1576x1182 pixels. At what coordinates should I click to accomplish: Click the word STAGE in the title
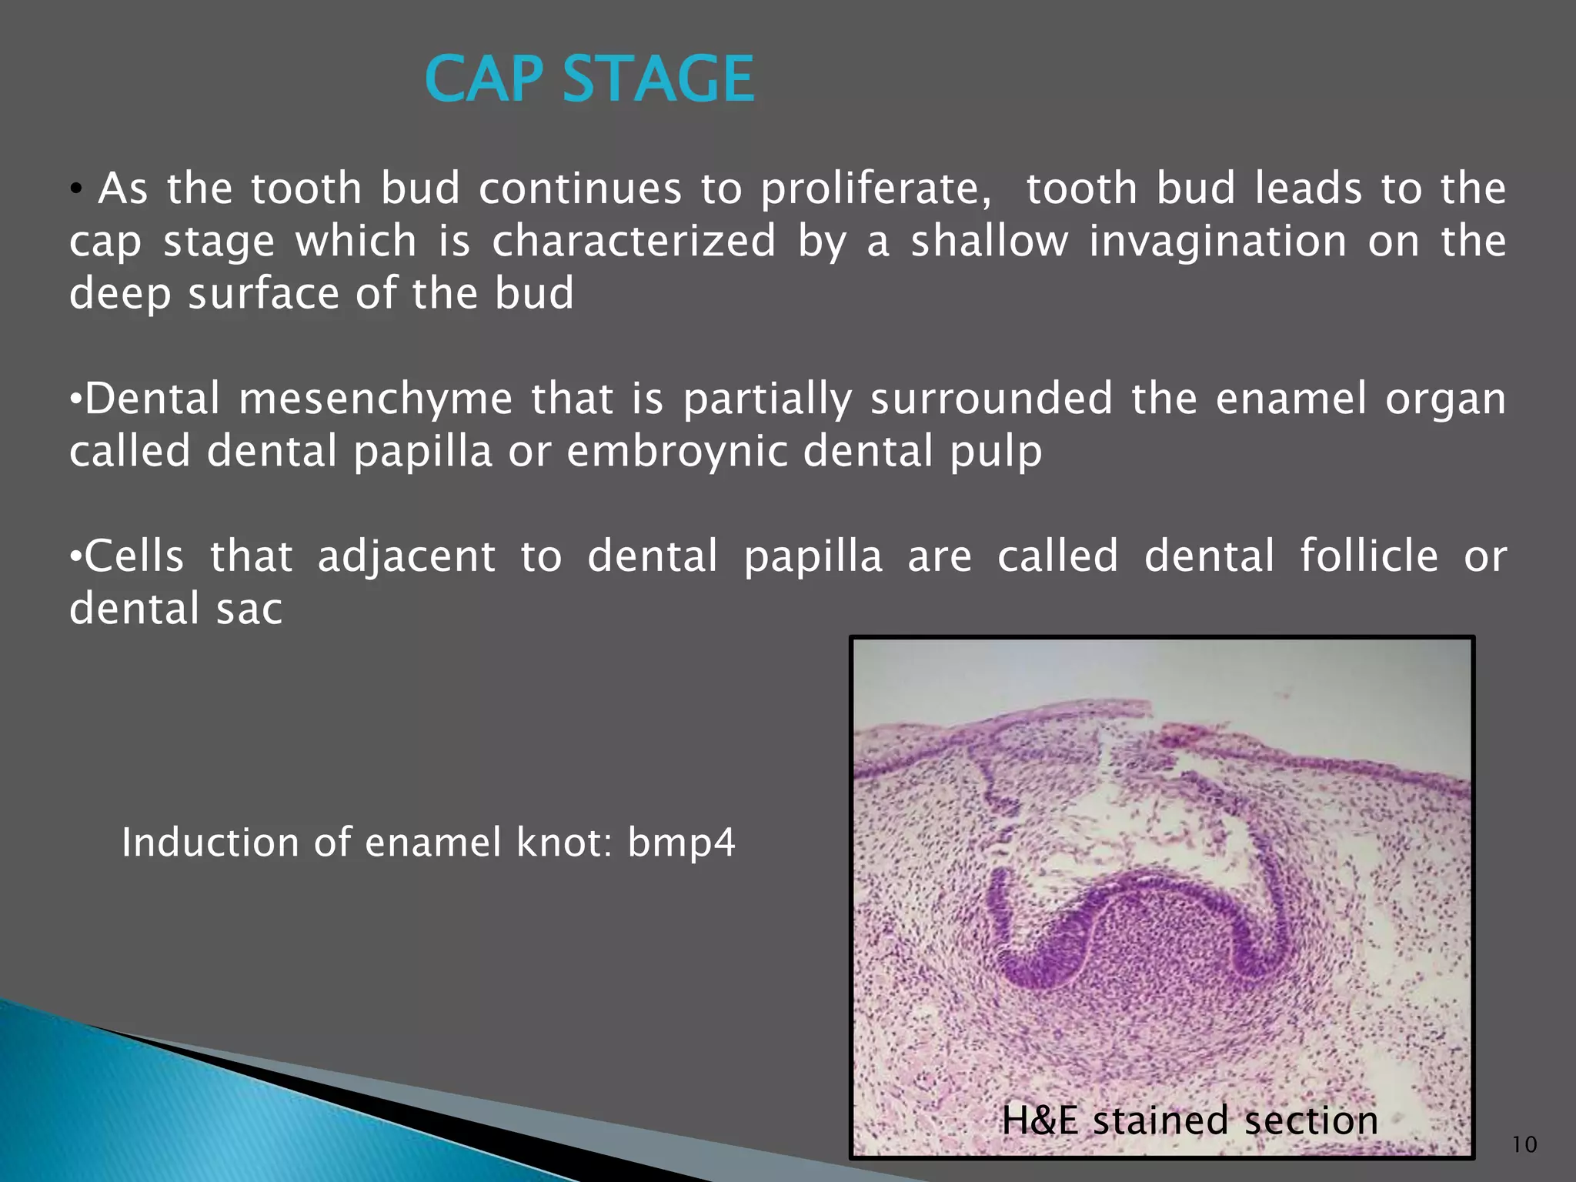659,79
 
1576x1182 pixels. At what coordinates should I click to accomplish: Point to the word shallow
990,242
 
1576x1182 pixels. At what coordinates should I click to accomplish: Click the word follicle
1368,556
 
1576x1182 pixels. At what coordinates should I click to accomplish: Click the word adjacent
406,557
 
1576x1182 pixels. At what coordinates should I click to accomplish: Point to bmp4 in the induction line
681,843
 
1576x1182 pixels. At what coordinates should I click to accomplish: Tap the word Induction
209,843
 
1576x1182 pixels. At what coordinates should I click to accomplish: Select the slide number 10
1524,1144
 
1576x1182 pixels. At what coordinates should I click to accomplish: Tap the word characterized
633,242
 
